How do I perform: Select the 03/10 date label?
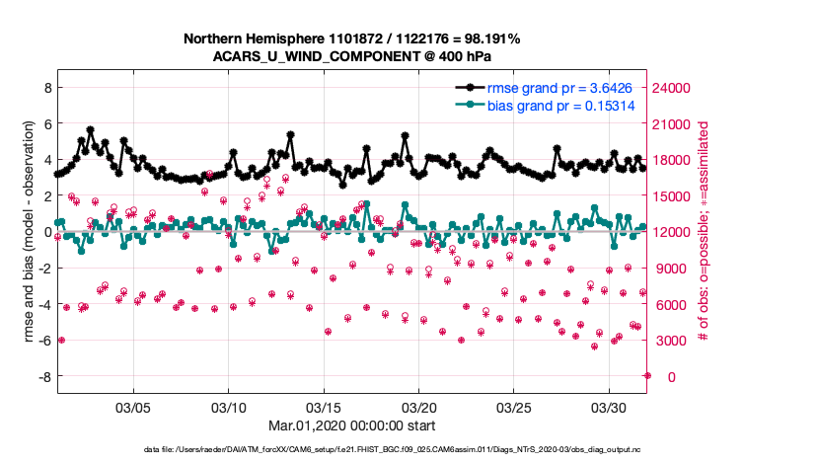[229, 407]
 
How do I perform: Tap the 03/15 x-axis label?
[324, 407]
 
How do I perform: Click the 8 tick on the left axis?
[45, 88]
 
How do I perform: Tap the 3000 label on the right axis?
[672, 341]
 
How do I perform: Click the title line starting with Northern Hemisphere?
[352, 39]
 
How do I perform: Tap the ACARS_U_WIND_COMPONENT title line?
[352, 56]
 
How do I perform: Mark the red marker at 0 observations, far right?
[647, 375]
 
